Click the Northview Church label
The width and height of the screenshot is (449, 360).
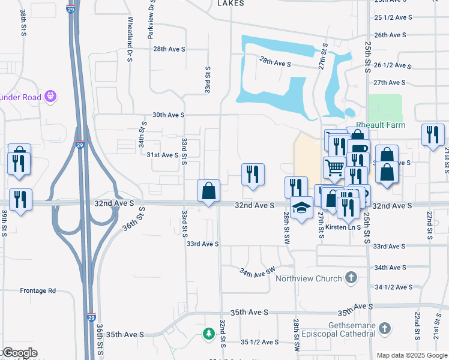309,278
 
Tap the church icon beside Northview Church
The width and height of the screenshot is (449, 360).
352,278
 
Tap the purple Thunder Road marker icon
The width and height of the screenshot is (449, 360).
50,95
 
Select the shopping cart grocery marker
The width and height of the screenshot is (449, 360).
334,167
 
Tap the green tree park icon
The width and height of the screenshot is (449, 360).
208,333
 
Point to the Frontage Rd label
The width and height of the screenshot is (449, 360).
37,290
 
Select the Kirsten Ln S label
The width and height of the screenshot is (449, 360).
341,227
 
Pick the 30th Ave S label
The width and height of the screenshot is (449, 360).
168,114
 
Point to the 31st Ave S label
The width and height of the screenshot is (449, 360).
163,155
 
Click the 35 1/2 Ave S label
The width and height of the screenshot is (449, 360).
259,342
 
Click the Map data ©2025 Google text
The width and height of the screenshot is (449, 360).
411,355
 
